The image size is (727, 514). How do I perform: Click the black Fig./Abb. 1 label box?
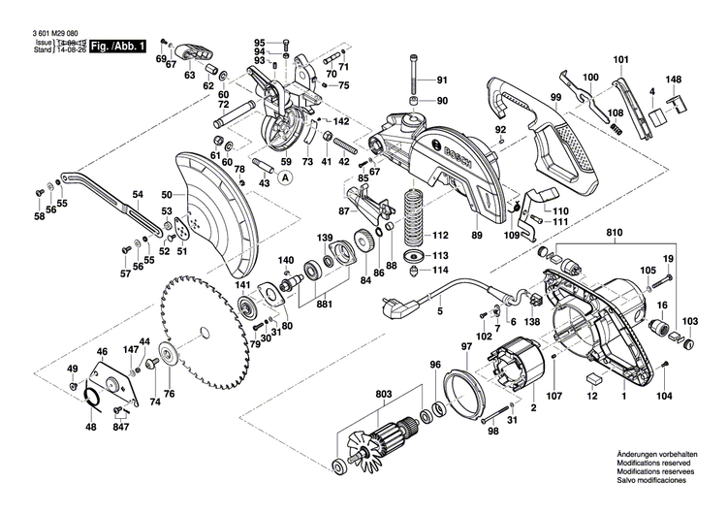tap(118, 46)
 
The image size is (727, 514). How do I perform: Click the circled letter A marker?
tap(286, 177)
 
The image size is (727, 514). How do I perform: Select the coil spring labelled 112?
tap(415, 216)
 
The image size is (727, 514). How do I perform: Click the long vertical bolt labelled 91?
tap(415, 72)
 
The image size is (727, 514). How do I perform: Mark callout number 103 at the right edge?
tap(689, 321)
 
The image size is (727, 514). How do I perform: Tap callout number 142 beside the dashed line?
tap(340, 121)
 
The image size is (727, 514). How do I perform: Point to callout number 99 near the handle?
tap(555, 98)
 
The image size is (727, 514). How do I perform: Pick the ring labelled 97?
tap(471, 388)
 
